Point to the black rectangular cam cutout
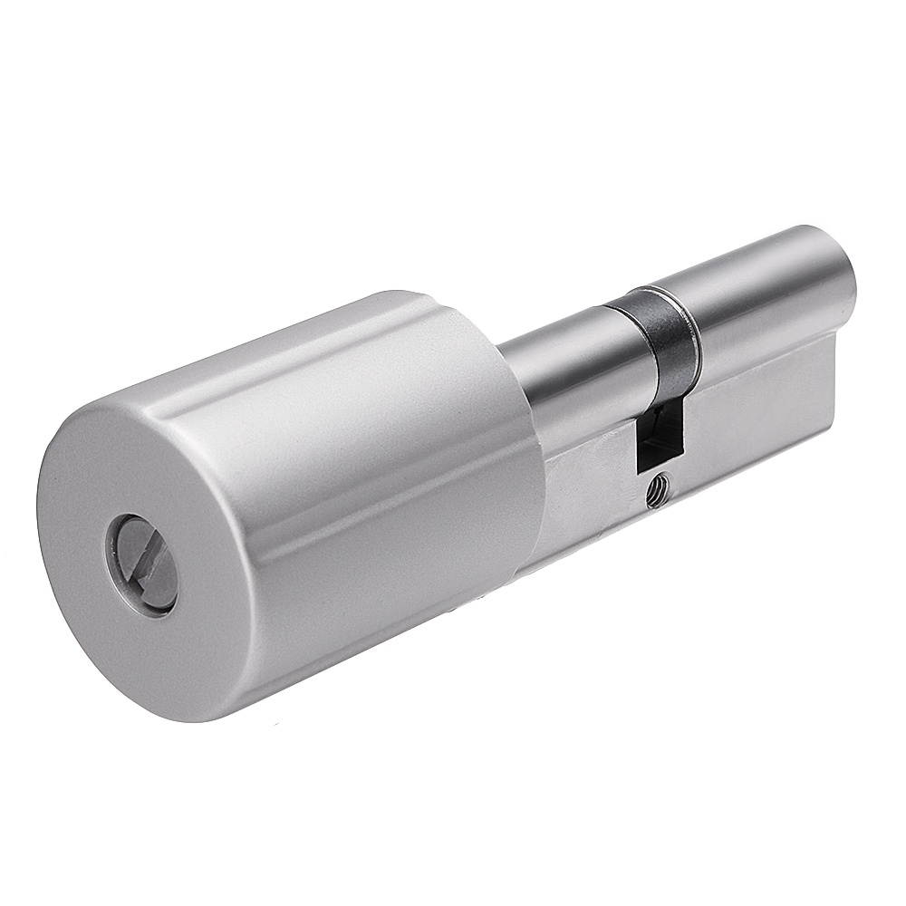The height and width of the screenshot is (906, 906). point(657,438)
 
